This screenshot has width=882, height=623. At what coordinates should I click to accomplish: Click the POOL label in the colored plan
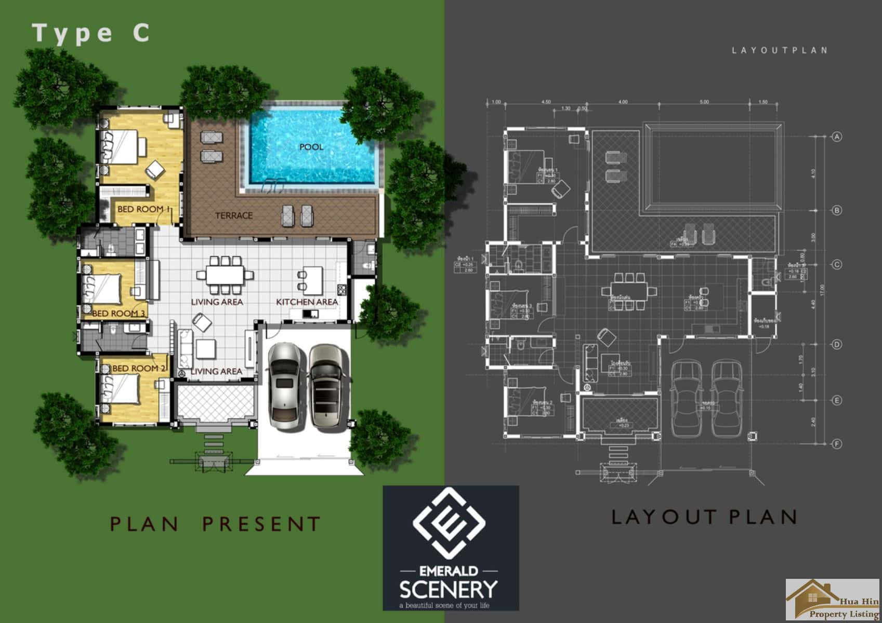(311, 147)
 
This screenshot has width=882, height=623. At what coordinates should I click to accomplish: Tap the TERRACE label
(234, 215)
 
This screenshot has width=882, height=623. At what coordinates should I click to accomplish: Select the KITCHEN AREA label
(307, 302)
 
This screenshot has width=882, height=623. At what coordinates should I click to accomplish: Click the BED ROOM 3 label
(119, 313)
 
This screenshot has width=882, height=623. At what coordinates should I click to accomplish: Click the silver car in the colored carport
(283, 387)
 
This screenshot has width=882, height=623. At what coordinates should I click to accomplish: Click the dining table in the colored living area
(225, 275)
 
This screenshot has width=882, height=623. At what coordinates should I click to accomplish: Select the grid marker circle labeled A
(836, 137)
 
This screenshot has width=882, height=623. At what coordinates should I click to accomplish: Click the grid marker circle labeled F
(836, 444)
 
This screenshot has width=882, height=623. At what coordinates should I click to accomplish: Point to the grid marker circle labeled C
(836, 264)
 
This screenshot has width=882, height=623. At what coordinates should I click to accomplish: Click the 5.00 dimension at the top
(704, 102)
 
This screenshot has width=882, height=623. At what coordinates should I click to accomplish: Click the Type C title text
(91, 33)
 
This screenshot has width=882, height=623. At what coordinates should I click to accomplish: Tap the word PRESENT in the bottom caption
(261, 524)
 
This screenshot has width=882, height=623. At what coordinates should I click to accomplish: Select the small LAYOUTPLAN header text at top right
(779, 50)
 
